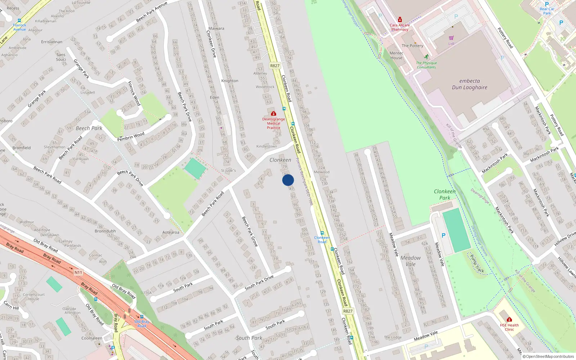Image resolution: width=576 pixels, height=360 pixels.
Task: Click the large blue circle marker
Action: tap(288, 180)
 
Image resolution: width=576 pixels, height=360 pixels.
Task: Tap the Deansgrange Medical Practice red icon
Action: tap(274, 114)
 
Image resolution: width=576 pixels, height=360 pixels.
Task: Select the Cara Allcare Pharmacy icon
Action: tap(400, 20)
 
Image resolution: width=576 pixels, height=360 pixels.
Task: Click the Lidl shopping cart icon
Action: tap(451, 38)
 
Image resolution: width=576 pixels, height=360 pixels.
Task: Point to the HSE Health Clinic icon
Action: tap(509, 320)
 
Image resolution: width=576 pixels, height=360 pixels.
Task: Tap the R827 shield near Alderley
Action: tap(275, 66)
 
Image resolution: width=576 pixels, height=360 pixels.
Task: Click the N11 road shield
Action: tap(78, 273)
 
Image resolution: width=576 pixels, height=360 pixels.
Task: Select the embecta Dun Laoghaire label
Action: tap(469, 84)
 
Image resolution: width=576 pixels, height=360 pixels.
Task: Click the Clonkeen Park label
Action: tap(445, 194)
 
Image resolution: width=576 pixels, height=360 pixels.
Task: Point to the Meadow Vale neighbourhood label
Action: tap(410, 261)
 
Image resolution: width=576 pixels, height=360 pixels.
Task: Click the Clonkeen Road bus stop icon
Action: tap(322, 233)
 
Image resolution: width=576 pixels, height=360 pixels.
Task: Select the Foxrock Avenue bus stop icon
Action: tap(19, 21)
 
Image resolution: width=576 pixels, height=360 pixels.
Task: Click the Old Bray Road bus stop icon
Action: tap(142, 317)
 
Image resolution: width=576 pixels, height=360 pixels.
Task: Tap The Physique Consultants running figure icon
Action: tap(427, 57)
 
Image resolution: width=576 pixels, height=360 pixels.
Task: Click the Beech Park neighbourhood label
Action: tap(89, 128)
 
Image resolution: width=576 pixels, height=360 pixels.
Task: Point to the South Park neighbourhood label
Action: tap(249, 338)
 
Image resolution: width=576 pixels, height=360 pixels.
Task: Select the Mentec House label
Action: tap(396, 55)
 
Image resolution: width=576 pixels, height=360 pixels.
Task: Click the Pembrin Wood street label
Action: tap(131, 136)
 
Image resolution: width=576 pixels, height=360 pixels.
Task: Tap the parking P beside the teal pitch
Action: tap(444, 235)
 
